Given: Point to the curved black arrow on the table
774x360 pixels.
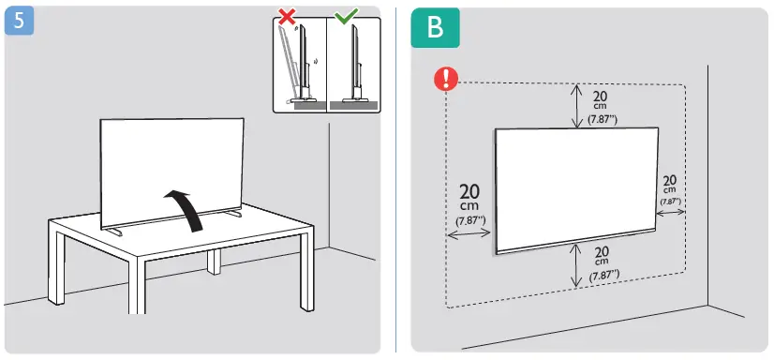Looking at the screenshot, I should coord(184,207).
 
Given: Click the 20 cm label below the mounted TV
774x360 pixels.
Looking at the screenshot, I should coord(602,263).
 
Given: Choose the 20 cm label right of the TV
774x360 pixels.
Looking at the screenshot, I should coord(670,187).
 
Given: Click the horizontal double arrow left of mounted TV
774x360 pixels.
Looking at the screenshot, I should coord(469,233).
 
